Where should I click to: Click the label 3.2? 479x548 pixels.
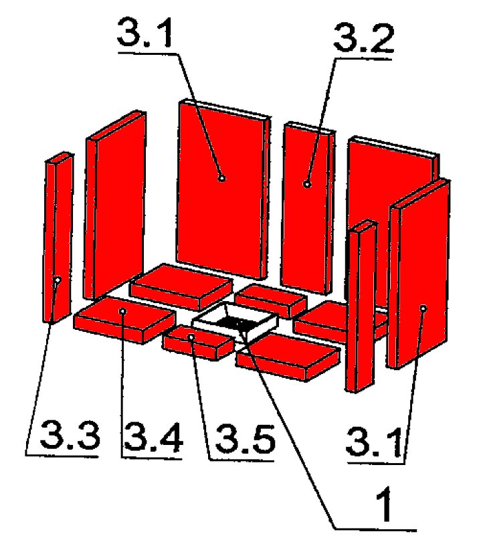(363, 37)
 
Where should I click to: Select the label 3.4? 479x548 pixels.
(153, 437)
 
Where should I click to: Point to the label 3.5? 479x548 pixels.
(245, 439)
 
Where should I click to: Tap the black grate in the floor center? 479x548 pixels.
(233, 323)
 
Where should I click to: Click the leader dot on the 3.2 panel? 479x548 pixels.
(307, 184)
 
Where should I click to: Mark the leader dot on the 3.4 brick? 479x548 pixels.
(122, 310)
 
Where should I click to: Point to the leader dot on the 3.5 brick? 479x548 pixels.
(191, 337)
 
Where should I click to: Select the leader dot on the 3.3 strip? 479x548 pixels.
(58, 280)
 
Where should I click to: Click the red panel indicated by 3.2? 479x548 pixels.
(308, 208)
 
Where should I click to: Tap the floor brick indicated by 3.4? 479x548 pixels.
(124, 320)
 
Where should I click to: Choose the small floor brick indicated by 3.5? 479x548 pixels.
(198, 343)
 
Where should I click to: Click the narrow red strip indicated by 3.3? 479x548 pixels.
(58, 238)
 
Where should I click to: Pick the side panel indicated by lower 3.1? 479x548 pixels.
(418, 274)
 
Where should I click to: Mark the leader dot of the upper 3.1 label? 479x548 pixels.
(222, 178)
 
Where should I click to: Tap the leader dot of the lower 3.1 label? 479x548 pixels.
(423, 308)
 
